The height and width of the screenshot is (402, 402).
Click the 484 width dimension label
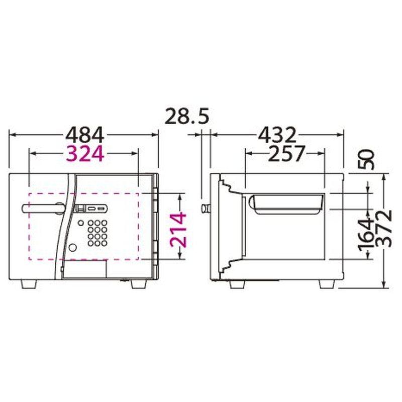tap(84, 135)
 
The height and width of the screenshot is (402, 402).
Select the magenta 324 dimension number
tap(84, 153)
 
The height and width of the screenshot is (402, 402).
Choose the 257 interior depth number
tap(285, 153)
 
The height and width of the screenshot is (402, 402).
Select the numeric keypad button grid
tap(97, 233)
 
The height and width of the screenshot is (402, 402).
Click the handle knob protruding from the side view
tap(205, 208)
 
